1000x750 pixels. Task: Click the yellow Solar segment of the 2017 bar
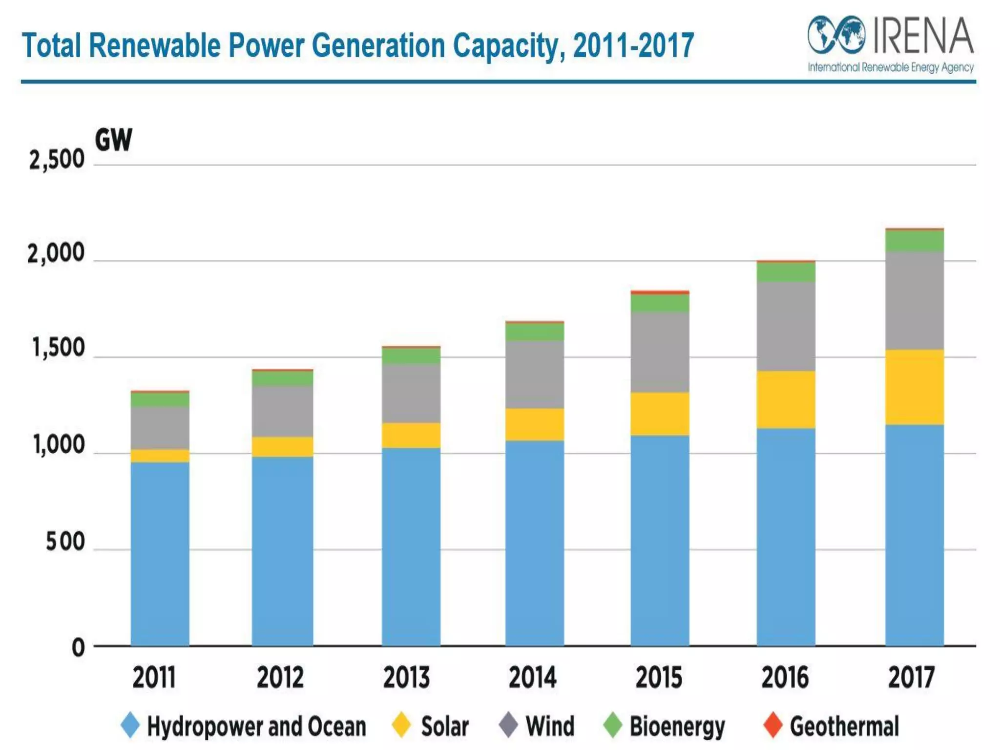914,387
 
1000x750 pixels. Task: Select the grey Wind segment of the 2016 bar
786,326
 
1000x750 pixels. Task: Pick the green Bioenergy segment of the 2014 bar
534,332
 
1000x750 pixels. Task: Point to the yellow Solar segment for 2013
411,435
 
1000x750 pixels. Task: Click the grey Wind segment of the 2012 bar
282,411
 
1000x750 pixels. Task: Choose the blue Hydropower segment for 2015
660,540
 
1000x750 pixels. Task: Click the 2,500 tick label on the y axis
57,160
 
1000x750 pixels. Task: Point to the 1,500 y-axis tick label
58,349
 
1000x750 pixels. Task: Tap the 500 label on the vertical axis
65,542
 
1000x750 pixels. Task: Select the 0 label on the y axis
78,647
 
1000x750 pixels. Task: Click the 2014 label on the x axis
532,678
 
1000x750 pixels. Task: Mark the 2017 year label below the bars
911,678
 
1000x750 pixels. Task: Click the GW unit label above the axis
113,140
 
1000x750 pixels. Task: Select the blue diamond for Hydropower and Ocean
130,725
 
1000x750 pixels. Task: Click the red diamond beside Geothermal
773,725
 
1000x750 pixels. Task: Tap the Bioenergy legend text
677,726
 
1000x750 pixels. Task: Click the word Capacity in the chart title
509,45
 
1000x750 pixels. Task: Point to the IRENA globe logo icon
836,35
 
